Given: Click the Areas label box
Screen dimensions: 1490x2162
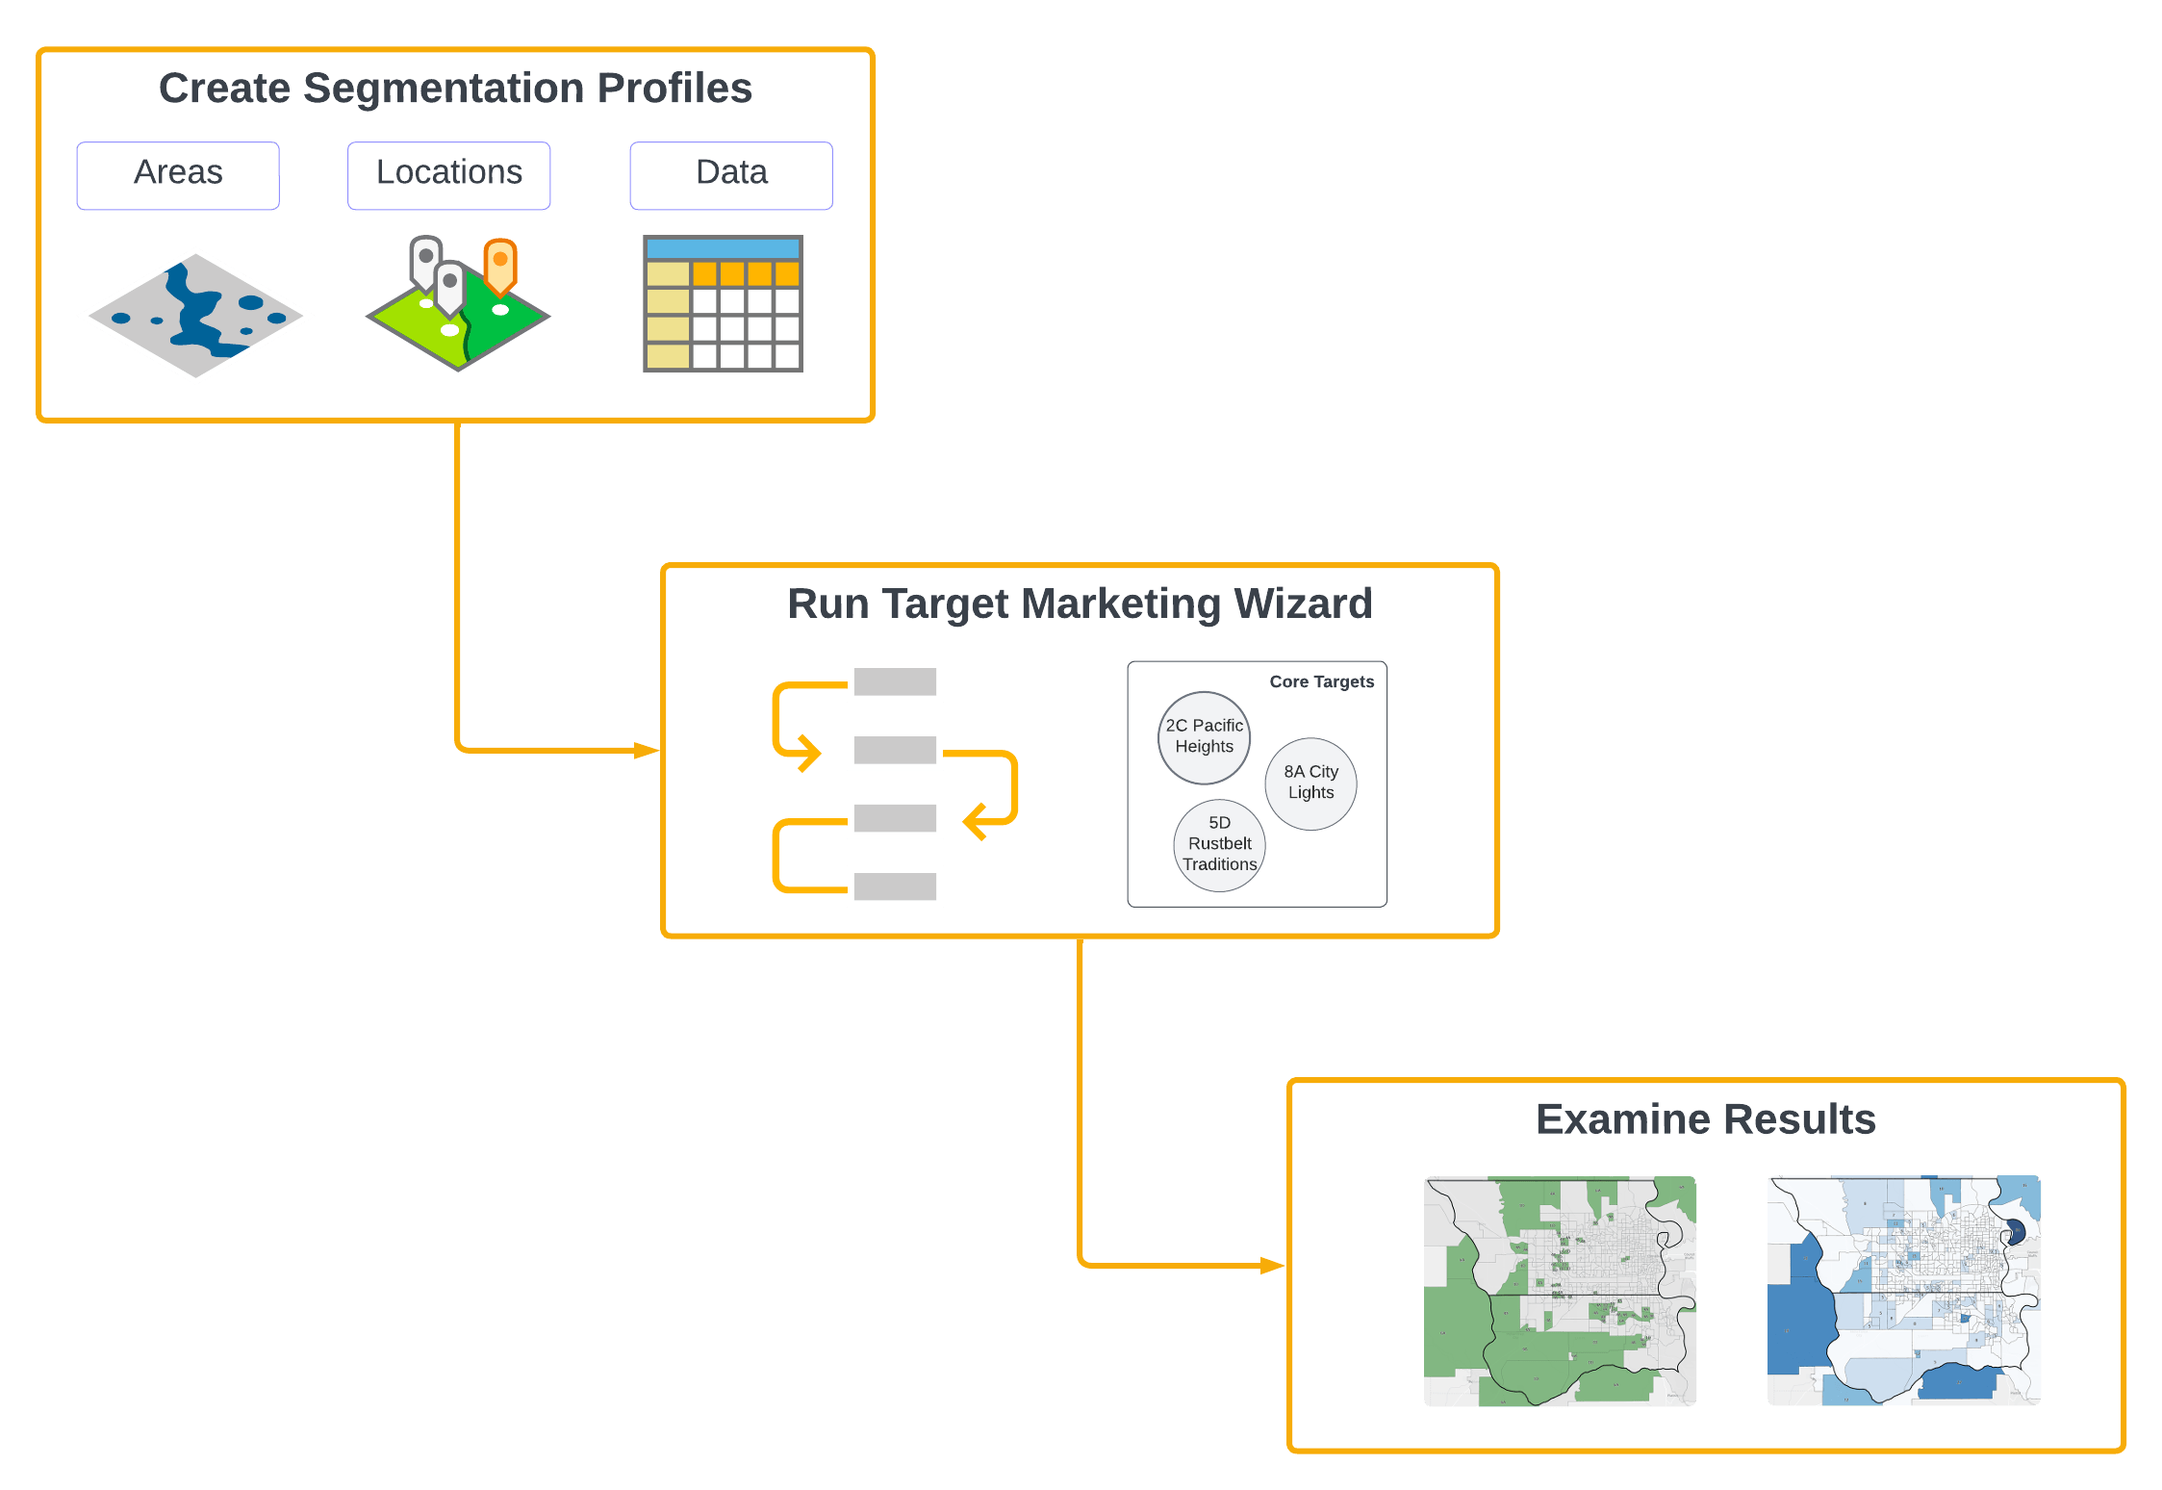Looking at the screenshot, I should [x=178, y=175].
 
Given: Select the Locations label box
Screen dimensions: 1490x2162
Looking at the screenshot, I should [x=449, y=175].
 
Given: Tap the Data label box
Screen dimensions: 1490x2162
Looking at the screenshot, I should [x=731, y=175].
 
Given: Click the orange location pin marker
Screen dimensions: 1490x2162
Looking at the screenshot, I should [x=499, y=265].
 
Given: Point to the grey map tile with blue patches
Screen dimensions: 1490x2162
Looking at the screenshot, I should [x=196, y=316].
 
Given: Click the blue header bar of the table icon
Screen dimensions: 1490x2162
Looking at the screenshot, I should [x=723, y=248].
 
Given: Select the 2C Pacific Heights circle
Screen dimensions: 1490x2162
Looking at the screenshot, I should [x=1204, y=736].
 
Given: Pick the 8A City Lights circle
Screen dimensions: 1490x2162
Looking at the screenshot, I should [x=1310, y=783].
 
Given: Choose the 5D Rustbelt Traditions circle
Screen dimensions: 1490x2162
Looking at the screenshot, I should [x=1219, y=844].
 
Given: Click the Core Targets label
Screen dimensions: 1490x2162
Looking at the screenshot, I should [x=1321, y=681].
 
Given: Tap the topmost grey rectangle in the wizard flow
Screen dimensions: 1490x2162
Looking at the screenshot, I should [x=895, y=681].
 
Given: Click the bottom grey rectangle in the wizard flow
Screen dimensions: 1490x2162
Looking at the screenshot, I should [x=895, y=886].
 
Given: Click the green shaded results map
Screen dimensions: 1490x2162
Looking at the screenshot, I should [x=1560, y=1291].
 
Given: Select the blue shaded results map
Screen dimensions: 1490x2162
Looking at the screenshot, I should [x=1903, y=1291].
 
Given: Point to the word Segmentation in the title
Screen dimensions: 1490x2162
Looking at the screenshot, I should [x=444, y=89].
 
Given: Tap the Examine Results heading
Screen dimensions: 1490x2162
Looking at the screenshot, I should [x=1705, y=1119].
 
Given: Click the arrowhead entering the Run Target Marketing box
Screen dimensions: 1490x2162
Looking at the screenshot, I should [x=647, y=750].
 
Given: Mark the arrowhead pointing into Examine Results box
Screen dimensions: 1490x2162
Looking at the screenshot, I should [x=1272, y=1266].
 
